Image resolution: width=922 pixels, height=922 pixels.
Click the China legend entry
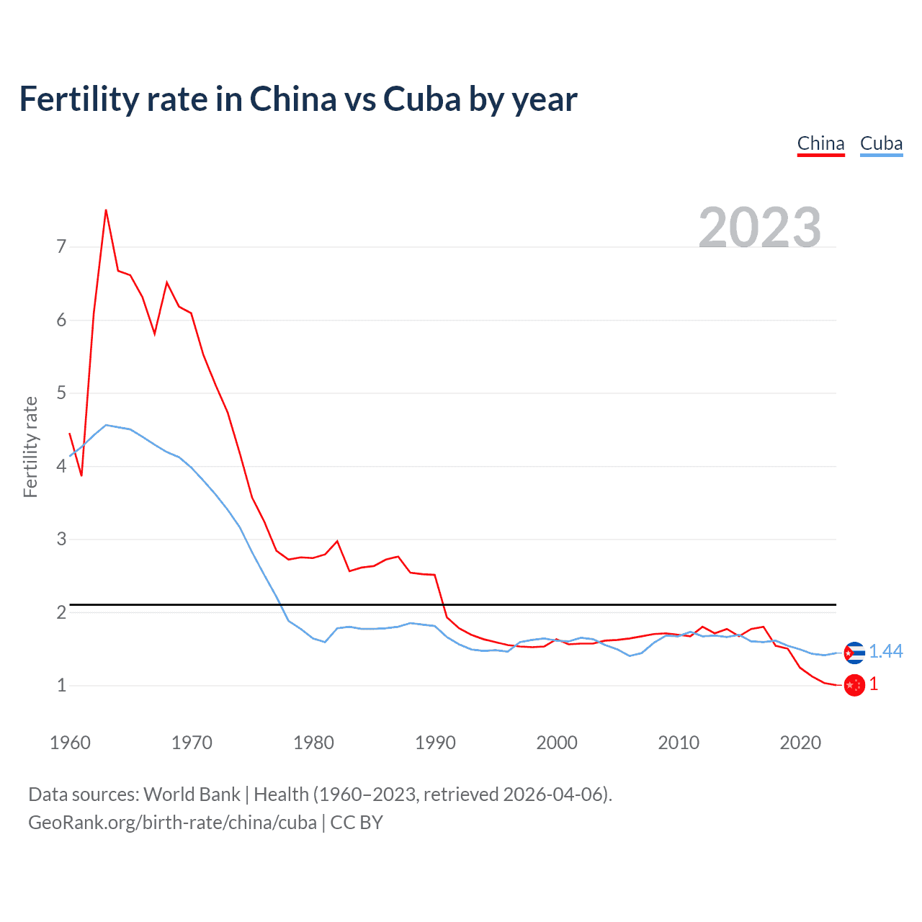[820, 143]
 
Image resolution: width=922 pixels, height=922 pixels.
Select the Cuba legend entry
[881, 143]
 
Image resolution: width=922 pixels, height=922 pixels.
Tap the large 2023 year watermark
[759, 228]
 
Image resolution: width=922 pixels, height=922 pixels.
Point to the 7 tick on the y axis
[61, 247]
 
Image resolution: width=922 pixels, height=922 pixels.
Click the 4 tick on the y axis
[61, 466]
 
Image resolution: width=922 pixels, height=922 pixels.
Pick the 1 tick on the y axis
[61, 685]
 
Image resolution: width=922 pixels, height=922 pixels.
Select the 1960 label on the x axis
[70, 743]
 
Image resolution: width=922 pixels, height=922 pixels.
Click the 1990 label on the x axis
[435, 743]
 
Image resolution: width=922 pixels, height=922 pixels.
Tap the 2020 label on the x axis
[800, 743]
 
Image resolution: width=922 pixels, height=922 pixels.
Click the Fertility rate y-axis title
[30, 447]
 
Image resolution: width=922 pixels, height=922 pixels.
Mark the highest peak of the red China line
[106, 210]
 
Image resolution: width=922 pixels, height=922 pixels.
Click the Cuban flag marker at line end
[854, 653]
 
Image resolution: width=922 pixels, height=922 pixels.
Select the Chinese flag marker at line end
[854, 685]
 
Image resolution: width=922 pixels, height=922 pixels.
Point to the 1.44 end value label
[885, 651]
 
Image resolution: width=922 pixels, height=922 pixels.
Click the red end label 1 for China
[874, 684]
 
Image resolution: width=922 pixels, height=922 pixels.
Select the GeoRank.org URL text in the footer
[172, 823]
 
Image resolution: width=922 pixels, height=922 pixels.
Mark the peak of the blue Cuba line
[106, 425]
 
